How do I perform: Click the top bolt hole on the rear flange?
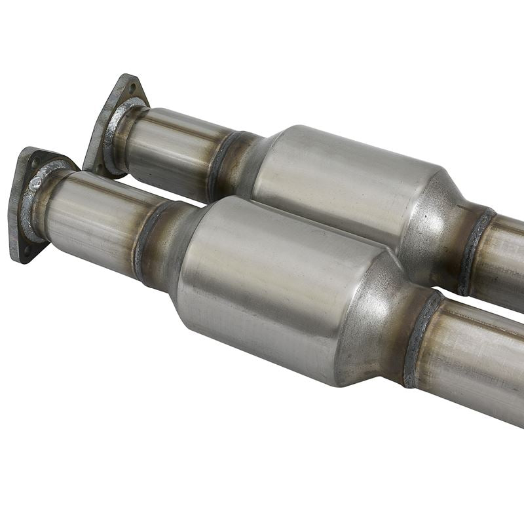[x=133, y=85]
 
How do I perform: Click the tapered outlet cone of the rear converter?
[x=439, y=223]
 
